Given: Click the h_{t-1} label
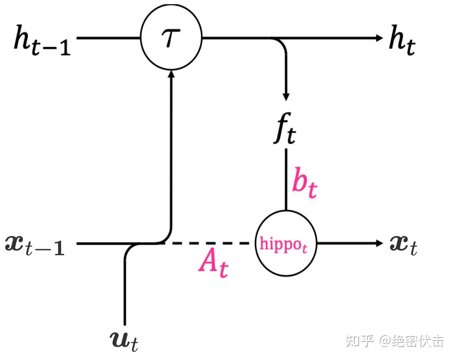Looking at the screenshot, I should [42, 40].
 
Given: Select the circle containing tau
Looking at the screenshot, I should [171, 38].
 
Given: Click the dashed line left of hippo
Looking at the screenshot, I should [207, 243].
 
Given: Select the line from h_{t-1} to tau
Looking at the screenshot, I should [108, 38].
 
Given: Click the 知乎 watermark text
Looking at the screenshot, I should [360, 341].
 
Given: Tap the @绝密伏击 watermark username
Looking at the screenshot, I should [412, 341].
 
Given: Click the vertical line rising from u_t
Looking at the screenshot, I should [125, 290].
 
